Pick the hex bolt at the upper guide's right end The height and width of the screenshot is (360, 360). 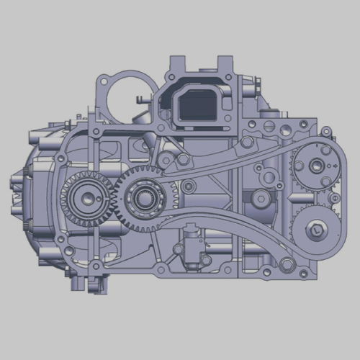tap(247, 143)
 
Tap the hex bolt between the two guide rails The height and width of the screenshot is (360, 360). tap(189, 187)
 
